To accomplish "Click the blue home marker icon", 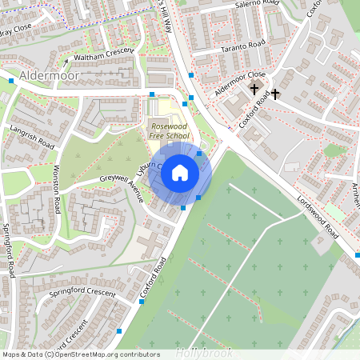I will (x=180, y=171).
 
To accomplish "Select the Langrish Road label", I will (x=32, y=136).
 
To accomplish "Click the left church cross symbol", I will (x=255, y=88).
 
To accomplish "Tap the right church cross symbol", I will (x=275, y=94).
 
